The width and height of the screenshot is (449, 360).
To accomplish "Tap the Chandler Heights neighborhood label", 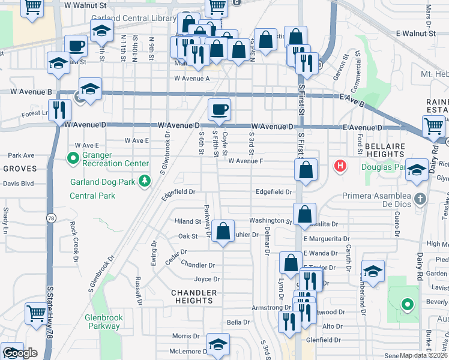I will (x=193, y=296).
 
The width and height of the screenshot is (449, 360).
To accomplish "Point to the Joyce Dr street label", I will (x=207, y=279).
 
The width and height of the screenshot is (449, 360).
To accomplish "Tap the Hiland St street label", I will (x=187, y=221).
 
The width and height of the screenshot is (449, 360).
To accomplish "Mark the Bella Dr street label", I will (x=238, y=322).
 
